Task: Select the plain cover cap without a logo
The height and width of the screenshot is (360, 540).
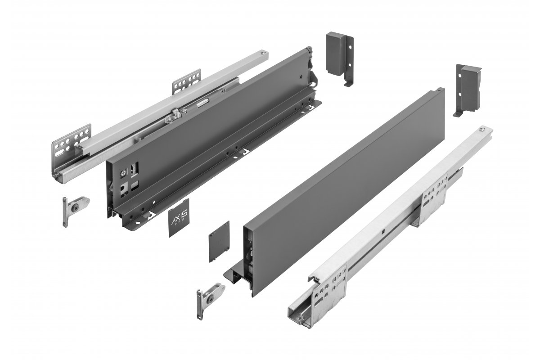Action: pyautogui.click(x=219, y=241)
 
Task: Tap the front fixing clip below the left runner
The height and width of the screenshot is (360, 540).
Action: pyautogui.click(x=74, y=209)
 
